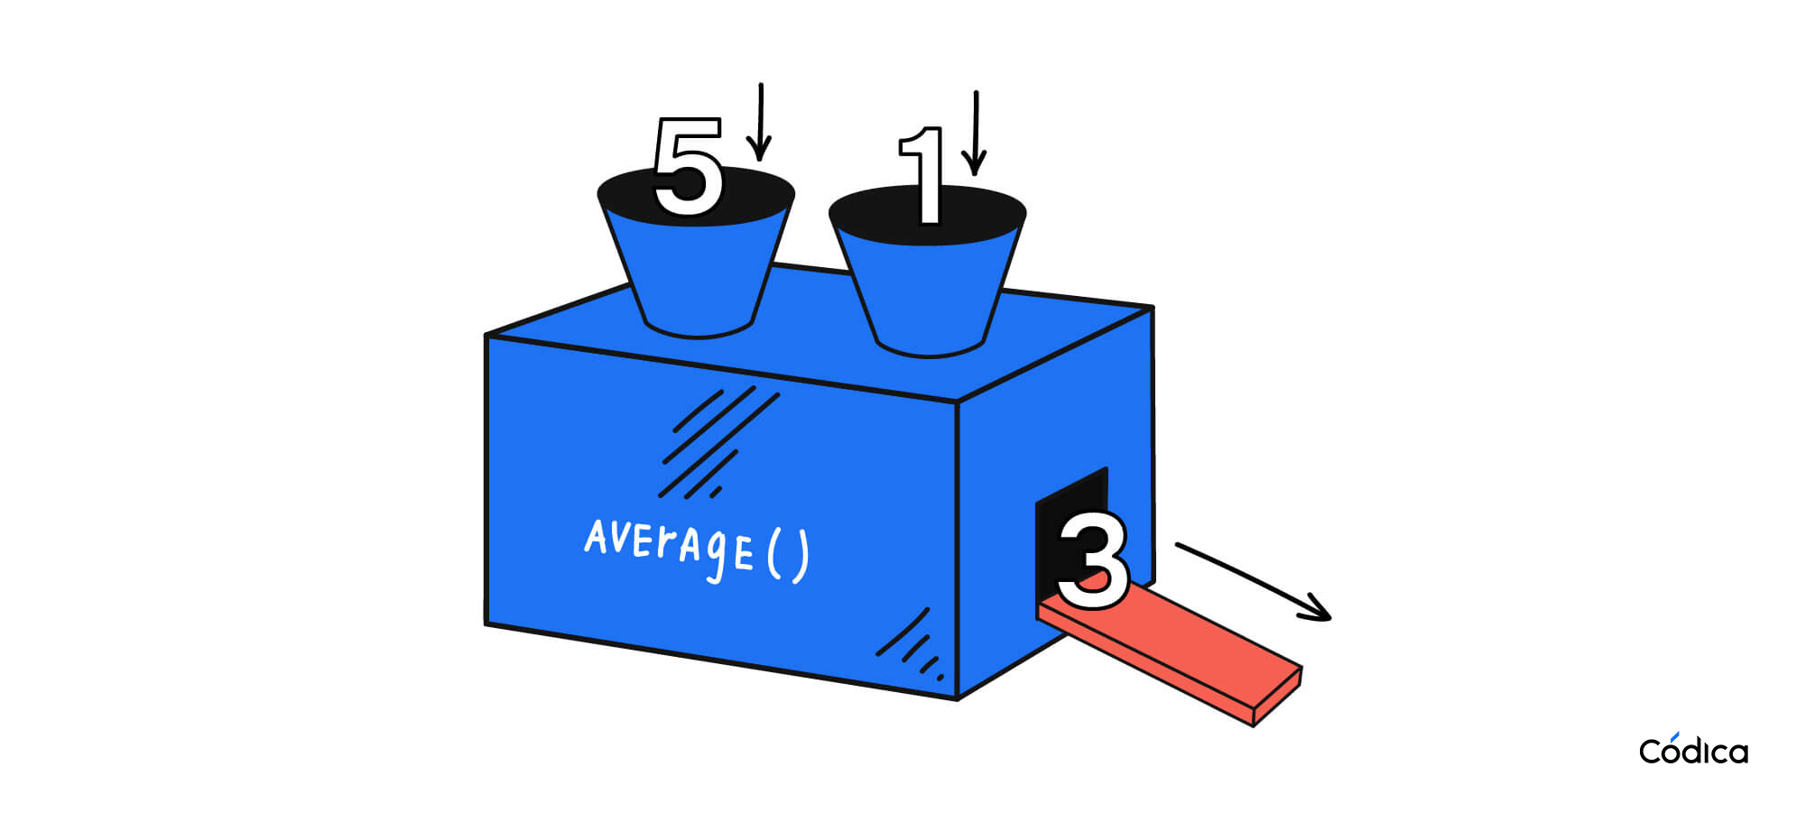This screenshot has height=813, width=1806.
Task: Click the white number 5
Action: tap(688, 168)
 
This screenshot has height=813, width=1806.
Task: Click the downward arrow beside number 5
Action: tap(761, 122)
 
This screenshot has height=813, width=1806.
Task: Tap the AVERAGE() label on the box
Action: tap(696, 547)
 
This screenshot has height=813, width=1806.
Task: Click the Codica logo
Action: tap(1693, 750)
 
